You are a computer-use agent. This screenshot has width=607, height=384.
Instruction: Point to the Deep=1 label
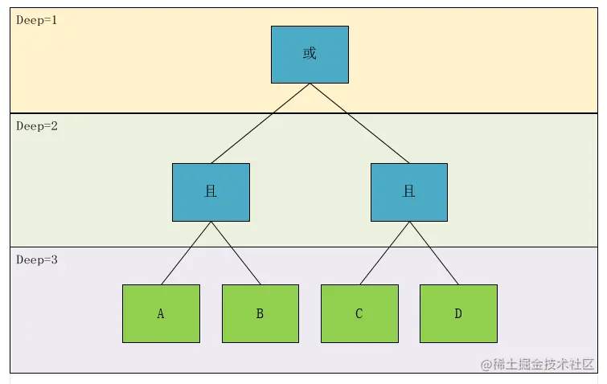(x=37, y=19)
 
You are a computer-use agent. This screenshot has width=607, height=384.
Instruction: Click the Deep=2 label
(x=37, y=126)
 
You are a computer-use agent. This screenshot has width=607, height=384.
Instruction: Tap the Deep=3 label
(x=37, y=260)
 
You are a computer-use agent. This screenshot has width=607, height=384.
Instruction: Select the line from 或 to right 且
(x=359, y=123)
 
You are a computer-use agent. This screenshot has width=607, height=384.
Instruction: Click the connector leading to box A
(x=186, y=253)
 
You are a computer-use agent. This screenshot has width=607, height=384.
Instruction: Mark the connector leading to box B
(x=236, y=253)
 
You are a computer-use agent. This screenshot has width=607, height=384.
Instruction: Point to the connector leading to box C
(x=384, y=253)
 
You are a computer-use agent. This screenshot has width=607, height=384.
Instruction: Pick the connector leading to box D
(x=434, y=253)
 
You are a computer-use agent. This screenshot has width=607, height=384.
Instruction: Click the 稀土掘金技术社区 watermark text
(x=544, y=365)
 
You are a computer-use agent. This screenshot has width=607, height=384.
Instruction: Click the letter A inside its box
(x=161, y=314)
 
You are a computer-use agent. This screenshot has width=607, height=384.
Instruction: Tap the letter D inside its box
(x=458, y=314)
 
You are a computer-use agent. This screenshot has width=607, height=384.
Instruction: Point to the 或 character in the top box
(x=310, y=54)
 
